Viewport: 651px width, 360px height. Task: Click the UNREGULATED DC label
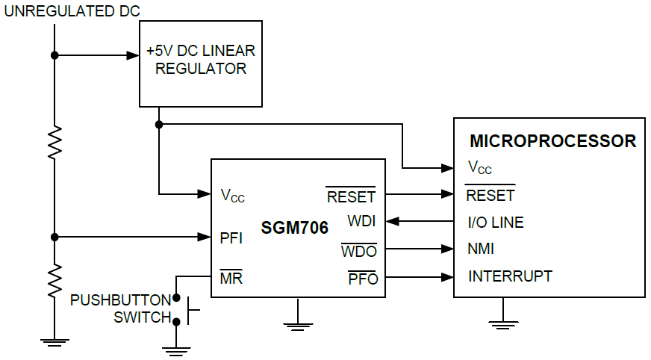coord(72,11)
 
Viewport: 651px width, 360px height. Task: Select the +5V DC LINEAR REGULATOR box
coord(201,63)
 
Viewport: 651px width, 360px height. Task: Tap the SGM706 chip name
coord(295,228)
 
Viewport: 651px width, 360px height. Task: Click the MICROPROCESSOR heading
coord(552,141)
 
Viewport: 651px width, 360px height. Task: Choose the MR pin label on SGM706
coord(231,279)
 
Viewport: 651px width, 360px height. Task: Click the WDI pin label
coord(361,222)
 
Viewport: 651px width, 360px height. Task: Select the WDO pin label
coord(359,251)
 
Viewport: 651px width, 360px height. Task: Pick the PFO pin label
coord(363,279)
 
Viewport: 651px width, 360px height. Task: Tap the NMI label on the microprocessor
coord(482,249)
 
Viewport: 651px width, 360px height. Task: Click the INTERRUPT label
coord(510,276)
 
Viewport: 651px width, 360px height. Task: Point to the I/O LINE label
coord(496,223)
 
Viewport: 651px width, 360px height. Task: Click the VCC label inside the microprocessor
coord(479,167)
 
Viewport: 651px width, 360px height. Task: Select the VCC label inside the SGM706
coord(233,196)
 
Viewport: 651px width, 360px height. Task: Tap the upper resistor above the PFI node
coord(54,142)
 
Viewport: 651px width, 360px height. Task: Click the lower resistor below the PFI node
coord(54,282)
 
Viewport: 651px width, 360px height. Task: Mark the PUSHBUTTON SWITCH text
coord(121,308)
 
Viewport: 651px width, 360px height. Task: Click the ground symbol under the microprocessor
coord(505,323)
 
